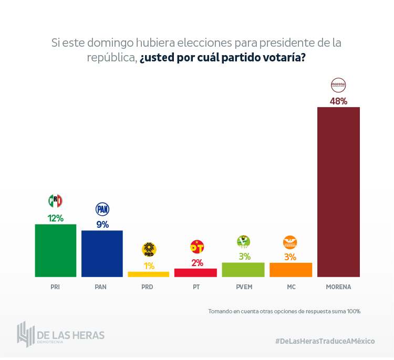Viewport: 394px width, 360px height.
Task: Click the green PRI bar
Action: [55, 250]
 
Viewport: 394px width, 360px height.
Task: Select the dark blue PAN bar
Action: [102, 253]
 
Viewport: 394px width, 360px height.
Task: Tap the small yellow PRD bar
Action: [149, 274]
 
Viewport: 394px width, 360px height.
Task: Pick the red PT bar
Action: [195, 272]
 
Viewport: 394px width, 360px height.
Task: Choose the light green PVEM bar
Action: [243, 269]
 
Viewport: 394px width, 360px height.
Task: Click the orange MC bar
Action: [291, 269]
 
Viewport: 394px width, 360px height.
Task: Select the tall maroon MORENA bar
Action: [338, 192]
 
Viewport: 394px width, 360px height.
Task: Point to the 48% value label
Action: [338, 101]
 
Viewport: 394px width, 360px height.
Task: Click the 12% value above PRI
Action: [55, 218]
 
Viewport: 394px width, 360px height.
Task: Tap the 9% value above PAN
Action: [102, 225]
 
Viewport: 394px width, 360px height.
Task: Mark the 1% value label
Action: [149, 266]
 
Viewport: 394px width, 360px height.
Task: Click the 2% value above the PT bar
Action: [197, 263]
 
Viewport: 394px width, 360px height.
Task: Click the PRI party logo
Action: [55, 201]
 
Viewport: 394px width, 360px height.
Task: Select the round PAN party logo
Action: [102, 209]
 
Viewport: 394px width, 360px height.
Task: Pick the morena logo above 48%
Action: [338, 85]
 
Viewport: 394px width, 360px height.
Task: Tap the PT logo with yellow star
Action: [197, 247]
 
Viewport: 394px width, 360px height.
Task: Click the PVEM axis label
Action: [243, 287]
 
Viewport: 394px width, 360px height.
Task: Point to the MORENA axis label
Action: [338, 287]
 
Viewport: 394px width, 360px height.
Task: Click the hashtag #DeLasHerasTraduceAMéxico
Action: [325, 341]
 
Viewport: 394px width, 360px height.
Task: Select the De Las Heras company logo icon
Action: [25, 334]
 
